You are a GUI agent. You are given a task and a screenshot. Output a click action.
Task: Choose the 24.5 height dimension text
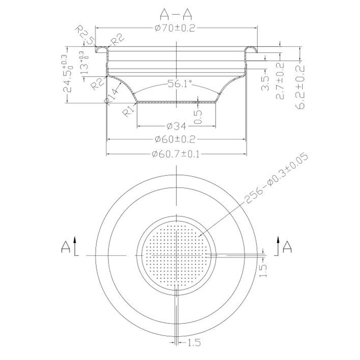pos(67,74)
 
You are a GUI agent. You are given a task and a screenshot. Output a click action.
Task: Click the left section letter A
pos(66,247)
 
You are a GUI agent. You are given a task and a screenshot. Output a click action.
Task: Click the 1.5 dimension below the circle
pos(194,343)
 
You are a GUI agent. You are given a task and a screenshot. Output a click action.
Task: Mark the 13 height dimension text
pos(83,65)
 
